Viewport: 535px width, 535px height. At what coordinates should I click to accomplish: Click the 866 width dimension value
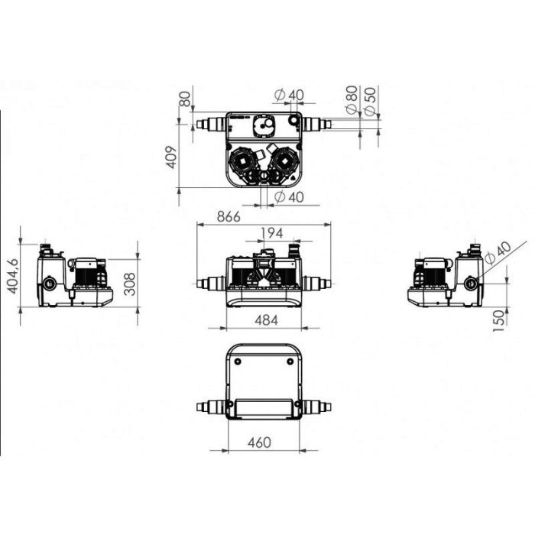[229, 216]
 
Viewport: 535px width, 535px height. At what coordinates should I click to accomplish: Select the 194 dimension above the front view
[272, 233]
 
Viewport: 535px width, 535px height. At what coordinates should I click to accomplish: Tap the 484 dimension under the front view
[267, 320]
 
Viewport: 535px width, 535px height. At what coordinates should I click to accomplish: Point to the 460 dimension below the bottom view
[259, 443]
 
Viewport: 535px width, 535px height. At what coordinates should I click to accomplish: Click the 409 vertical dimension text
[172, 157]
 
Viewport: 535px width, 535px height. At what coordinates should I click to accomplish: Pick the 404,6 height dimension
[14, 277]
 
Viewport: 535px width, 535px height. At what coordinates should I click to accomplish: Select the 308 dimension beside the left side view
[130, 284]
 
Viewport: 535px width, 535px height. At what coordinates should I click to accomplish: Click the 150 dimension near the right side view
[498, 320]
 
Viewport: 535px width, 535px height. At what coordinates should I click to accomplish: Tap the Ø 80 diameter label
[352, 99]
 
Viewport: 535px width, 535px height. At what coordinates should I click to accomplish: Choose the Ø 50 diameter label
[370, 102]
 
